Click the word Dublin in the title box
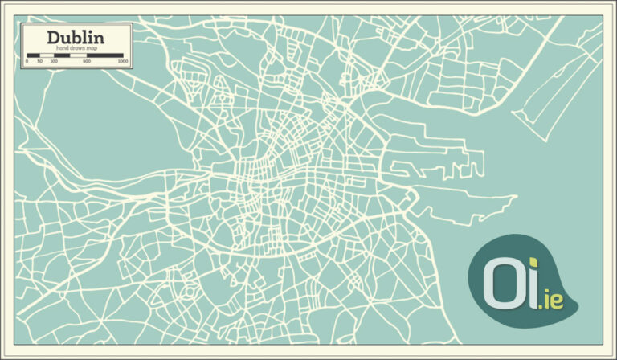76,37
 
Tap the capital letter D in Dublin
53,37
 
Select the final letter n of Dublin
99,37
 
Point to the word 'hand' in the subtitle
63,48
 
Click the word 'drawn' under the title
78,48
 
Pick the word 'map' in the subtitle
92,48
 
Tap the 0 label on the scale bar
27,62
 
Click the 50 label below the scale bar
39,62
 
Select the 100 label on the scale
53,62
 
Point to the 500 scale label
86,62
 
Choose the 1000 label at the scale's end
122,62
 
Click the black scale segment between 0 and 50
33,56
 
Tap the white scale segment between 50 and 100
46,56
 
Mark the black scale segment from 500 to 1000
104,56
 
